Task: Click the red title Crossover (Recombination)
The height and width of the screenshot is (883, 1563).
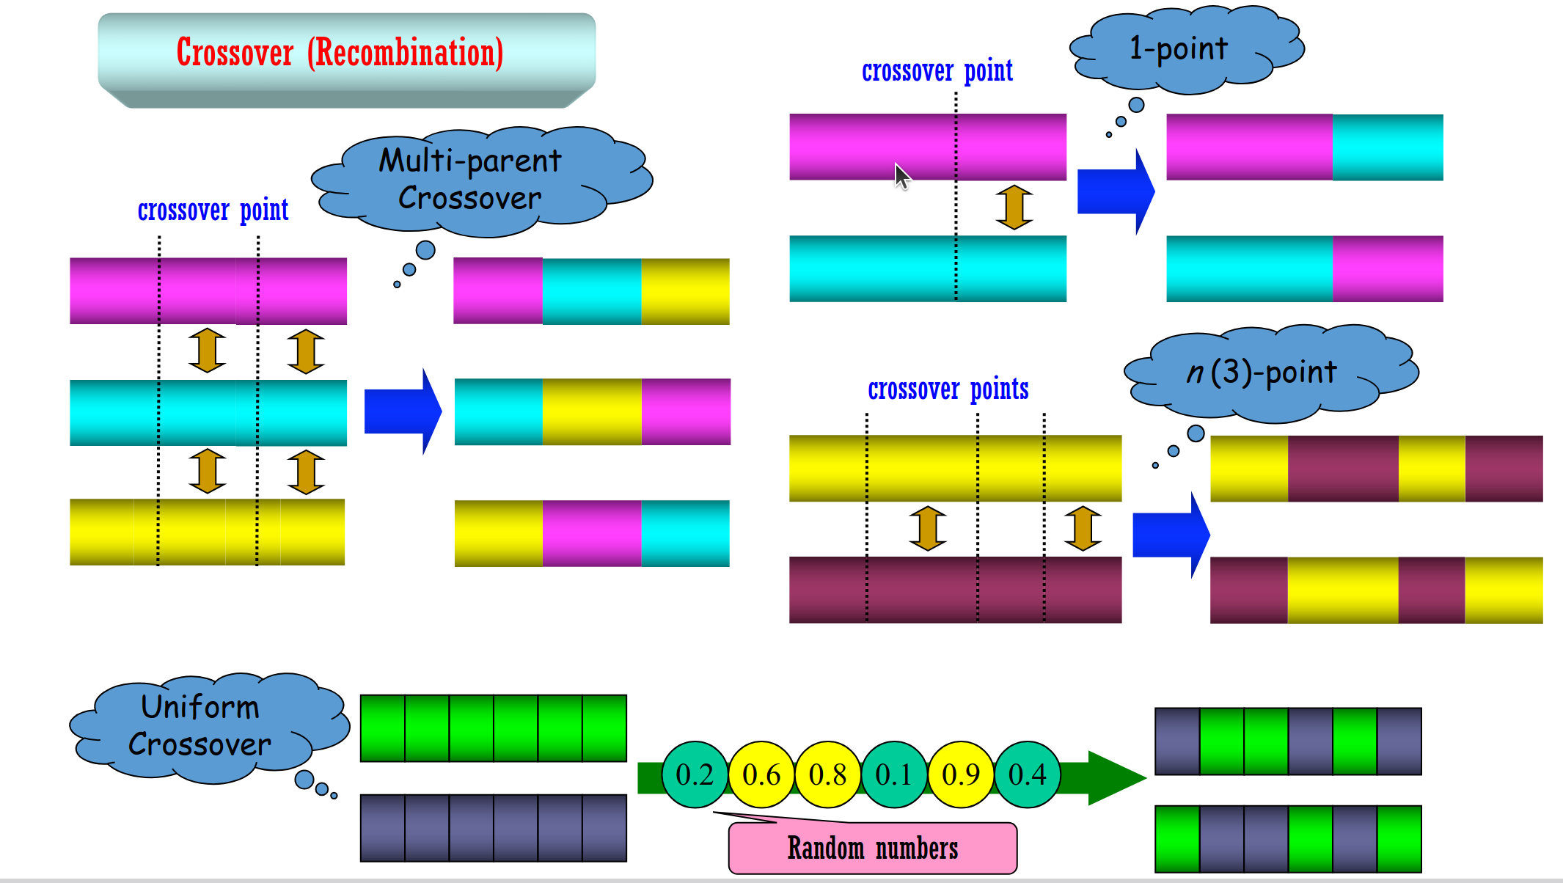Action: [x=340, y=53]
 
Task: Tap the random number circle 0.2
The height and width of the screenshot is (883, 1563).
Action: [x=694, y=774]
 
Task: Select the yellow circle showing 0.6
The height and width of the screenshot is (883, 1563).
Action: [x=761, y=774]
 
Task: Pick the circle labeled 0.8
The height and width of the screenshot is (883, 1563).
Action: [x=827, y=774]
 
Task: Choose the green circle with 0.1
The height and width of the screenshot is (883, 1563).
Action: [x=893, y=774]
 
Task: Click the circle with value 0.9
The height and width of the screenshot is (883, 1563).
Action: [x=961, y=774]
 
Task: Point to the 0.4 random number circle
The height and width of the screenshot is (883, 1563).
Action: [x=1027, y=774]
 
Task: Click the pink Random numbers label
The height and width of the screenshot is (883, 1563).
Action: [x=873, y=849]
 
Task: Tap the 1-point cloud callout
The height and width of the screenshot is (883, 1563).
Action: [x=1181, y=50]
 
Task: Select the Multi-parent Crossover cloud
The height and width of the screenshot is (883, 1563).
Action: [x=473, y=180]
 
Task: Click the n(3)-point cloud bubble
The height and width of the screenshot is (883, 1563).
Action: [x=1265, y=373]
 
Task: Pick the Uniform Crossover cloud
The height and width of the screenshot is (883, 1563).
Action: [x=202, y=726]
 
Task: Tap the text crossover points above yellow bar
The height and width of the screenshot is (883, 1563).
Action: [x=948, y=389]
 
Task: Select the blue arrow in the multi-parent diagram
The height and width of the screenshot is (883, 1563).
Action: [x=401, y=411]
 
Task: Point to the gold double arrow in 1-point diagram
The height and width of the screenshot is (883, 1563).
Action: [x=1014, y=207]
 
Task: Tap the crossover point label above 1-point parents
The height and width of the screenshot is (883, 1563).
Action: [x=937, y=71]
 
